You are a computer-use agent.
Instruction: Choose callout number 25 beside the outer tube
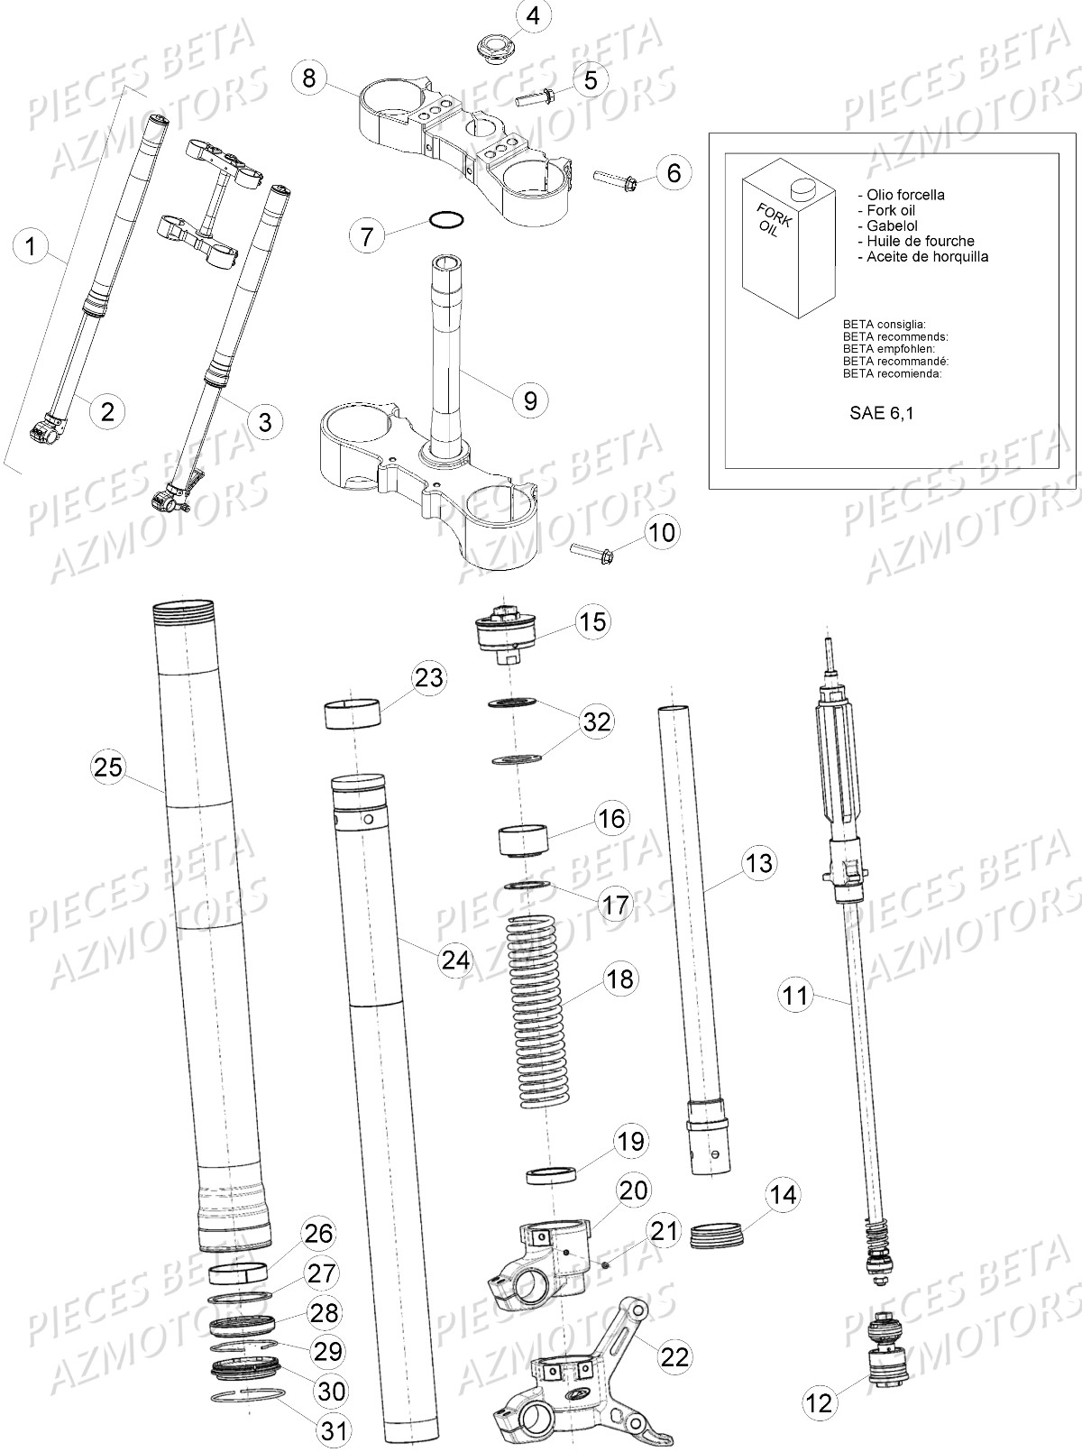click(x=108, y=767)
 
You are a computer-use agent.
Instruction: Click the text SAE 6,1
click(x=880, y=414)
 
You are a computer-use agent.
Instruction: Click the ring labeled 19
click(x=551, y=1174)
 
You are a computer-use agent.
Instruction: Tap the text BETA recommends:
click(x=894, y=336)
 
